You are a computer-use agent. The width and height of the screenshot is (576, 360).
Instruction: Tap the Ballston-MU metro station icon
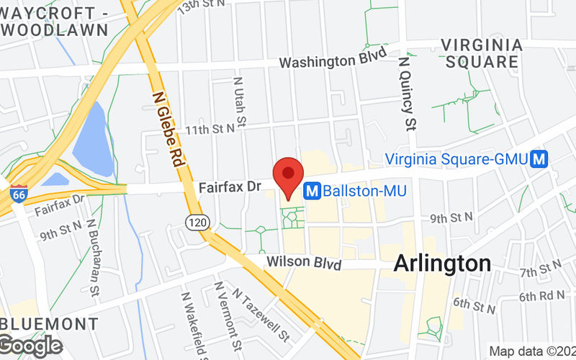point(312,191)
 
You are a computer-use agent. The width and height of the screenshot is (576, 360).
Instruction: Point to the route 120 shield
point(195,222)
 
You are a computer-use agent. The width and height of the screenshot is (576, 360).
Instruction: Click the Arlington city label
point(442,264)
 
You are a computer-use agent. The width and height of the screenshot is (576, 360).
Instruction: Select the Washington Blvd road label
point(328,62)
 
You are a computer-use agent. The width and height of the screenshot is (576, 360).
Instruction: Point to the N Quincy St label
point(408,94)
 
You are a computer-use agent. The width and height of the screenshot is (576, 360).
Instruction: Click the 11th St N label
point(211,130)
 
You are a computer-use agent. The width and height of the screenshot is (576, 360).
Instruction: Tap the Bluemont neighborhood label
point(49,322)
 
